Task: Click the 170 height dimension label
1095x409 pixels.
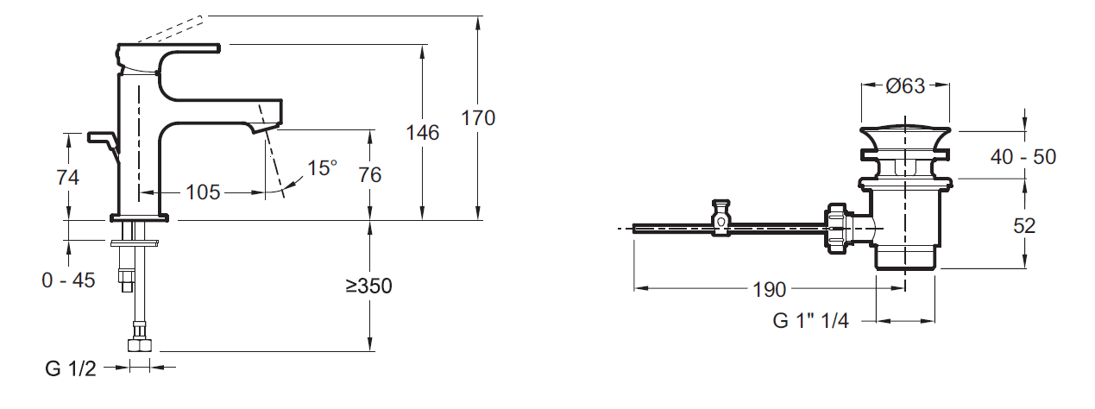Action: click(x=478, y=118)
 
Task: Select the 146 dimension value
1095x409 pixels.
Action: click(x=422, y=133)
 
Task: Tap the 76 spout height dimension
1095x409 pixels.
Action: click(x=369, y=175)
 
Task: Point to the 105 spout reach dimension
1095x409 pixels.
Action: click(x=203, y=192)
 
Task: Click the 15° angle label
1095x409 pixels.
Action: click(x=322, y=168)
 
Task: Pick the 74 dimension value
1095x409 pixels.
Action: click(x=67, y=178)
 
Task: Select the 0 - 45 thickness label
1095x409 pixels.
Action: click(x=68, y=280)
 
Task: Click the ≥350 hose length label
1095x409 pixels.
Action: click(x=368, y=286)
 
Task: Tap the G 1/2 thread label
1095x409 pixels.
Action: click(x=71, y=369)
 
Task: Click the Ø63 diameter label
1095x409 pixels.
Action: click(x=905, y=86)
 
